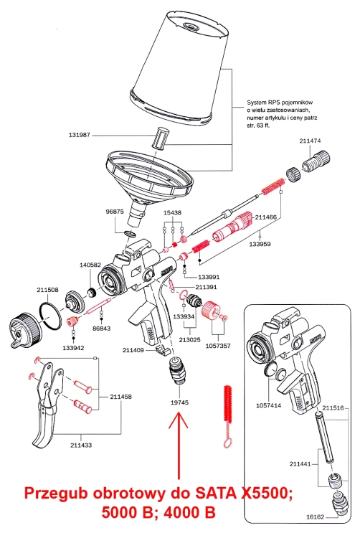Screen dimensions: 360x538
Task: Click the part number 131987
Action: point(79,135)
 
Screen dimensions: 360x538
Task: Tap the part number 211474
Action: point(310,141)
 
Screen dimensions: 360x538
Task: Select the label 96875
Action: point(115,212)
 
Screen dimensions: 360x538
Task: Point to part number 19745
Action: point(179,402)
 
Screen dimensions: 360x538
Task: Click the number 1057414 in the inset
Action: point(268,405)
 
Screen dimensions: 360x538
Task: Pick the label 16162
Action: point(314,516)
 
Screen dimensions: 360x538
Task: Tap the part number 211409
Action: point(133,350)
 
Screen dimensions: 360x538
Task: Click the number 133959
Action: point(260,244)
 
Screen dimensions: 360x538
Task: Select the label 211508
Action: point(47,290)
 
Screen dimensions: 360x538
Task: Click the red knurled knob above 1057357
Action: point(209,310)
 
